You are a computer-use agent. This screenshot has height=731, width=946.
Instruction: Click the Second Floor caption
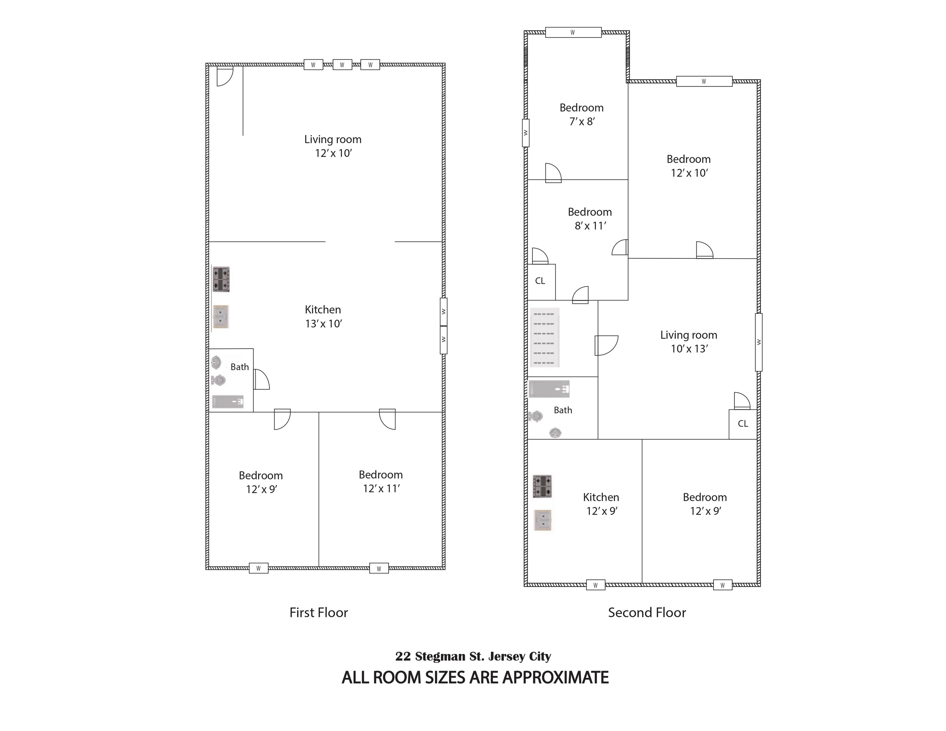coord(647,612)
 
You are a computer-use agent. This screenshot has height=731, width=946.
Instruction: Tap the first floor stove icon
coord(221,279)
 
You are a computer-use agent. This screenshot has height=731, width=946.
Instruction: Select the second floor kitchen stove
coord(542,486)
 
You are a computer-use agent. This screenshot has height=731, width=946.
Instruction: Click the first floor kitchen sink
coord(221,317)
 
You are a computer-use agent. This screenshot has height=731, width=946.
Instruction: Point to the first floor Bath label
coord(240,367)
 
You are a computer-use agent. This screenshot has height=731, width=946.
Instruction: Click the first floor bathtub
coord(228,401)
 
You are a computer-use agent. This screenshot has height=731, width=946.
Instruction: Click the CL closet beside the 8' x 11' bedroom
coord(540,281)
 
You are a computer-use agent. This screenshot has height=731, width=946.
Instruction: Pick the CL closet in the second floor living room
coord(743,424)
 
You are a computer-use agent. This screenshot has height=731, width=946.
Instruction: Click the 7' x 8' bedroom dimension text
coord(582,122)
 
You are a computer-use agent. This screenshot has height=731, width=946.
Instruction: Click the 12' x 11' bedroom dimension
coord(381,489)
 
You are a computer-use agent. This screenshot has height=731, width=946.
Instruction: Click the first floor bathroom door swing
coord(261,380)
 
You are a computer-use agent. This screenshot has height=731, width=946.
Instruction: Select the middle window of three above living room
coord(342,65)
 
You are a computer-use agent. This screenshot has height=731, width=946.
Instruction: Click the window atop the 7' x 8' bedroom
coord(573,32)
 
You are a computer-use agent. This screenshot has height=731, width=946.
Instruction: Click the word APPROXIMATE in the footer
coord(556,677)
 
